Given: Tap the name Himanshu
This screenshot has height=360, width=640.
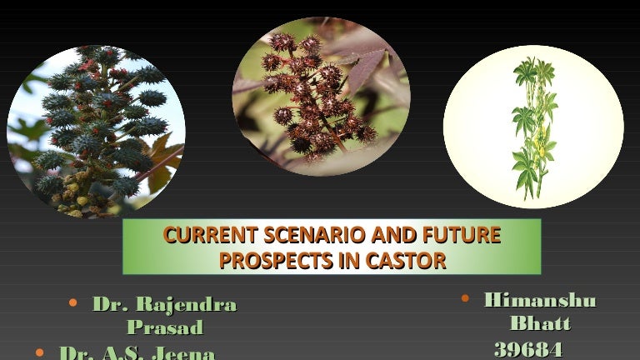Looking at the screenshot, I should pyautogui.click(x=540, y=300).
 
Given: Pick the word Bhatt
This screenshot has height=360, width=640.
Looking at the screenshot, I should pyautogui.click(x=540, y=323).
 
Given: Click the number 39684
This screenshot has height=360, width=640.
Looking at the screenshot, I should pyautogui.click(x=528, y=348).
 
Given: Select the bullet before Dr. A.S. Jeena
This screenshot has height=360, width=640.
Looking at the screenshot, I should pyautogui.click(x=40, y=353).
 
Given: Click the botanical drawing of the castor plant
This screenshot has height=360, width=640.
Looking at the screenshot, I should pyautogui.click(x=533, y=125).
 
